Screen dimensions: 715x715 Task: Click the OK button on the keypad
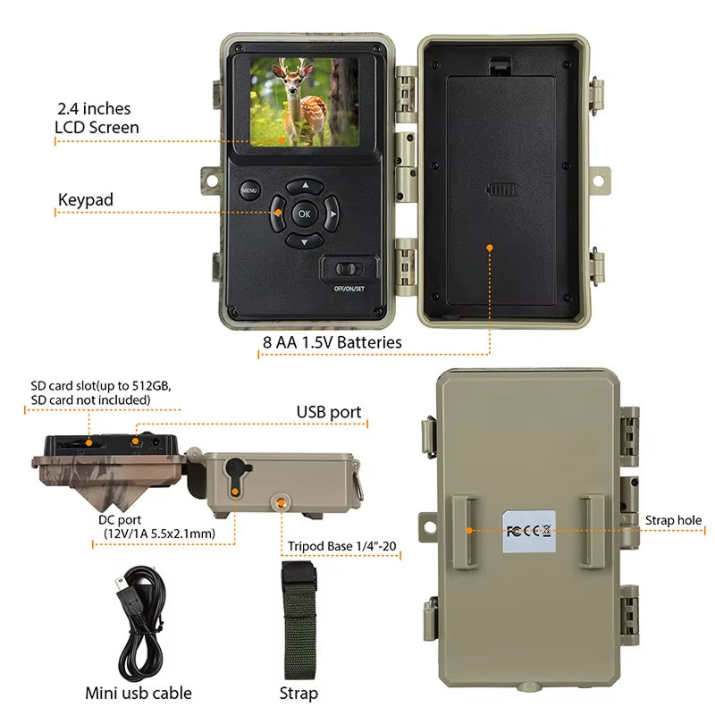click(304, 214)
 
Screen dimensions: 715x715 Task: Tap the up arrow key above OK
click(305, 186)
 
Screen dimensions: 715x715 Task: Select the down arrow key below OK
click(305, 241)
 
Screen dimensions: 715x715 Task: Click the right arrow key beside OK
click(332, 214)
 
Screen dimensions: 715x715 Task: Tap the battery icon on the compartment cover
click(501, 189)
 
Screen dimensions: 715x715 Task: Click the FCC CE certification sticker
click(529, 531)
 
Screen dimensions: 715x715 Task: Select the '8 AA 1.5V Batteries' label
click(332, 342)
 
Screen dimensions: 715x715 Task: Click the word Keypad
click(86, 200)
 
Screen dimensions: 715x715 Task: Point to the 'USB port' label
click(329, 412)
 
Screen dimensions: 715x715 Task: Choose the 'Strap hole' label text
click(673, 520)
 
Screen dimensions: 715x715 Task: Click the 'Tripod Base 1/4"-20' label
click(342, 546)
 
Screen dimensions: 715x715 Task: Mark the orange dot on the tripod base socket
click(282, 502)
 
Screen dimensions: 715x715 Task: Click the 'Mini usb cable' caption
click(139, 694)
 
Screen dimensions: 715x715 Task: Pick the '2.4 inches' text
click(94, 109)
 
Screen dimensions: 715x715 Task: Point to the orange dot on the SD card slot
click(89, 442)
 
